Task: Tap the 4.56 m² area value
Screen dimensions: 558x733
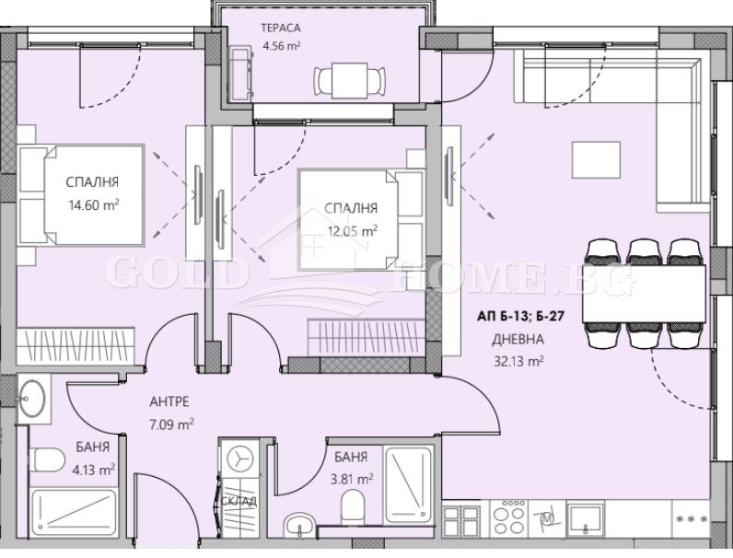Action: coord(281,43)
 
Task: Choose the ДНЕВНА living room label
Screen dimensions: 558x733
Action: coord(511,338)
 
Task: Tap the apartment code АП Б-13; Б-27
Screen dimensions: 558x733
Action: coord(518,315)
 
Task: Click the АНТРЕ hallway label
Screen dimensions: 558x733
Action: coord(170,402)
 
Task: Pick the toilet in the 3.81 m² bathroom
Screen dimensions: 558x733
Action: coord(352,505)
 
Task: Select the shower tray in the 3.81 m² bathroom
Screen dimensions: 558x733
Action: coord(409,482)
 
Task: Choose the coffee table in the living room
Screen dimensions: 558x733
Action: coord(594,157)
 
